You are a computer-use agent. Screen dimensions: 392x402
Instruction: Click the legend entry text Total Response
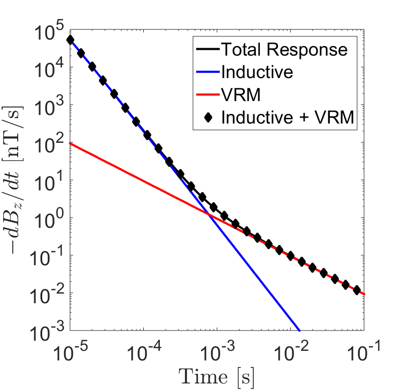coord(284,50)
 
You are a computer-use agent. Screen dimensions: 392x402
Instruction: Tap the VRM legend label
coord(238,95)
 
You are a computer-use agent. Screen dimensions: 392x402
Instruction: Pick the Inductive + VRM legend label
coord(288,118)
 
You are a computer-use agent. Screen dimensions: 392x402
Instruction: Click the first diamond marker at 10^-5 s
coord(70,40)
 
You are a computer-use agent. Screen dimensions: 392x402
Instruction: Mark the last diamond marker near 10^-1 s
coord(357,289)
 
